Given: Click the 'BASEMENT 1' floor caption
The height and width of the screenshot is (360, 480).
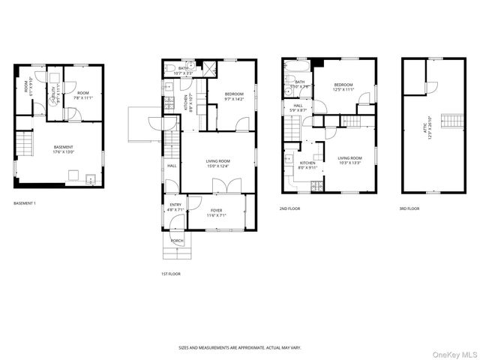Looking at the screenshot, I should (x=25, y=203).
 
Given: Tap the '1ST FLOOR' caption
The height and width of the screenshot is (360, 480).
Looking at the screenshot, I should (x=170, y=274).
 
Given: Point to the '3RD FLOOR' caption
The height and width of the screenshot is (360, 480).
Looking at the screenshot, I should (x=409, y=208).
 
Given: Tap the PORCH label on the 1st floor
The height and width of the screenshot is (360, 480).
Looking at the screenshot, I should (x=176, y=241).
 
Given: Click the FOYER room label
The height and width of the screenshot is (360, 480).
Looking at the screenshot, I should (x=217, y=212).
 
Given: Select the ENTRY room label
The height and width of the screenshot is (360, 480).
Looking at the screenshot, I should (x=175, y=206).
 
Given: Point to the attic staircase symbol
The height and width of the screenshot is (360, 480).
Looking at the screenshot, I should (x=448, y=121).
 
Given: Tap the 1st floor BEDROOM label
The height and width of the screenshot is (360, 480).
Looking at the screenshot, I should (x=234, y=96).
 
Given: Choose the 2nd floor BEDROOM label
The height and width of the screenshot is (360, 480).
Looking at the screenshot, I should (x=343, y=87).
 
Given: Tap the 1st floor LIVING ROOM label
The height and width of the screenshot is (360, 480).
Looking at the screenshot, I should (x=217, y=163).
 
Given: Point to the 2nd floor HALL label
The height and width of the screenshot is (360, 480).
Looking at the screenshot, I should (x=298, y=109).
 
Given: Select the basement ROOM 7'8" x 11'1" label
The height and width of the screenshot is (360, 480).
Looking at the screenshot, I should (x=82, y=95).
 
